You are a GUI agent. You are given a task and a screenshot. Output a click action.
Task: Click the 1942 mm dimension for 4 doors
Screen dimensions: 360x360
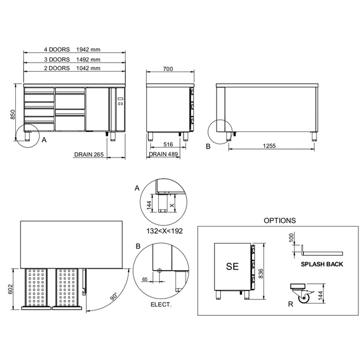[88, 49]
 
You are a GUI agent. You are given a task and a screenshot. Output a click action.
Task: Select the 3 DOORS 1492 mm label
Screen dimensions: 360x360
[72, 60]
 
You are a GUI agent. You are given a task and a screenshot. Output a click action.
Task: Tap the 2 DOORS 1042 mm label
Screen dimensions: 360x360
[72, 69]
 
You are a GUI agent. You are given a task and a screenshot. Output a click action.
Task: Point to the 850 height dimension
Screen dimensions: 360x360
[12, 115]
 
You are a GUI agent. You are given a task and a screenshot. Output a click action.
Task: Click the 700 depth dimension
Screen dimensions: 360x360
[168, 69]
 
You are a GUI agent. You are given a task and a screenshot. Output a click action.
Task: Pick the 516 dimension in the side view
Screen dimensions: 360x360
[168, 144]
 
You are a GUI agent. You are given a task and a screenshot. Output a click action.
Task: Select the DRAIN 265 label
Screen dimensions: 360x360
[89, 155]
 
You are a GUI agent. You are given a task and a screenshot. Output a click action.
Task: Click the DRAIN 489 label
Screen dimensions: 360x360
[164, 154]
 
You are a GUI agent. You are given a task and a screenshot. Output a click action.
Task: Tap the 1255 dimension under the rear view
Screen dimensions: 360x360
[269, 146]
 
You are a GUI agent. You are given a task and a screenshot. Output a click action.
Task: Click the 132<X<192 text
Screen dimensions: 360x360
[165, 231]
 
